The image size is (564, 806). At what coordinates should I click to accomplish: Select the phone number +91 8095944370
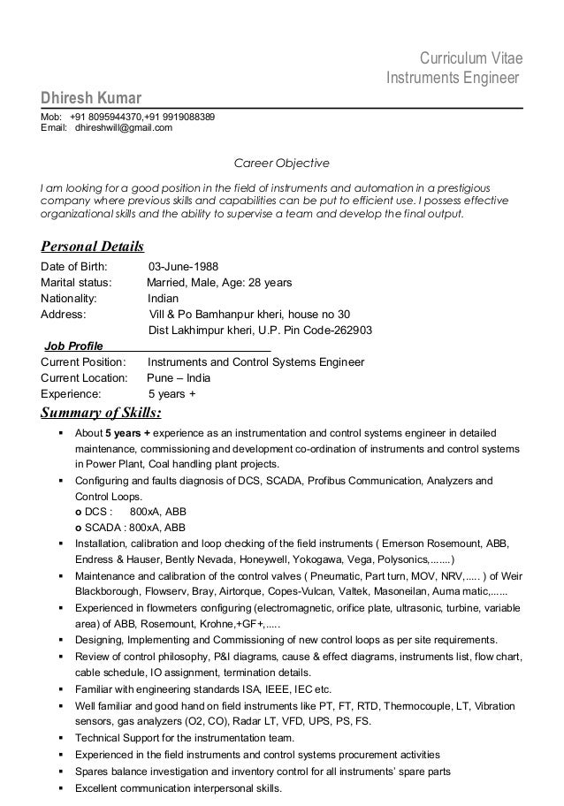pyautogui.click(x=111, y=117)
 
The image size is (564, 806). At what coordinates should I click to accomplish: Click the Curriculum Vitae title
pyautogui.click(x=470, y=59)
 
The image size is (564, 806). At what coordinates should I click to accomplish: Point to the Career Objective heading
pyautogui.click(x=280, y=163)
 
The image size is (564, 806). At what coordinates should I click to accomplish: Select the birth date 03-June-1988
pyautogui.click(x=184, y=266)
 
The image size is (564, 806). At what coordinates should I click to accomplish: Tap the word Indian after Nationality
pyautogui.click(x=163, y=298)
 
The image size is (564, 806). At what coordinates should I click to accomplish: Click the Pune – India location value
pyautogui.click(x=178, y=377)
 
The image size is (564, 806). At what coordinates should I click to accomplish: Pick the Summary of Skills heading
pyautogui.click(x=102, y=413)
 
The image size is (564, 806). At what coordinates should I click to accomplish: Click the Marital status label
pyautogui.click(x=77, y=282)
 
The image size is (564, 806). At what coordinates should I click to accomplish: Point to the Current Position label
pyautogui.click(x=84, y=361)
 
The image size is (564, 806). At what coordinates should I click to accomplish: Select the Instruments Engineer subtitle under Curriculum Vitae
pyautogui.click(x=452, y=79)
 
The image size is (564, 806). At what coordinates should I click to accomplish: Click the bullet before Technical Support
pyautogui.click(x=59, y=737)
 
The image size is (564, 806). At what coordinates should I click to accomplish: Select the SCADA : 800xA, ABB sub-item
pyautogui.click(x=130, y=527)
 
